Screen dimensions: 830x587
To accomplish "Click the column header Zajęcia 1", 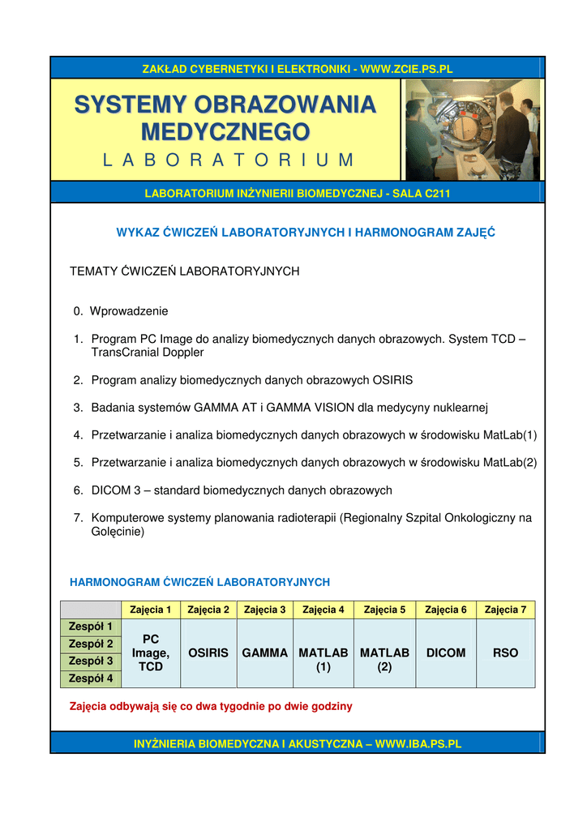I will tap(151, 610).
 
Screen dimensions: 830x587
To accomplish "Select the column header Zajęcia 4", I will tap(323, 610).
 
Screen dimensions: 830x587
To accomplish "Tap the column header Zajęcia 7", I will tap(505, 610).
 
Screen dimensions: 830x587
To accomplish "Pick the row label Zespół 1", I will tap(91, 627).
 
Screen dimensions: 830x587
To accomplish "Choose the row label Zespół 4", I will tap(91, 678).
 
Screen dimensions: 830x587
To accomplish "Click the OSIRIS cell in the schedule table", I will tap(208, 652).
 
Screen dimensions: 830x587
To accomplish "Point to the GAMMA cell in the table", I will tap(265, 652).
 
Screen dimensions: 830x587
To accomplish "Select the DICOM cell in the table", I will tap(446, 652).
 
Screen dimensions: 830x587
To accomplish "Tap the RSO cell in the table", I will tap(505, 652).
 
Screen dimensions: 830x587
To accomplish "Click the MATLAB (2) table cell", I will tap(384, 660).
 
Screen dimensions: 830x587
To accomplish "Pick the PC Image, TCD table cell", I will tap(151, 652).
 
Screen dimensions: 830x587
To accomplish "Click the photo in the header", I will tap(472, 130).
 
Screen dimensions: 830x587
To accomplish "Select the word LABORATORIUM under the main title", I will tap(229, 160).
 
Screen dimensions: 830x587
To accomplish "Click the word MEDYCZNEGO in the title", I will tap(225, 130).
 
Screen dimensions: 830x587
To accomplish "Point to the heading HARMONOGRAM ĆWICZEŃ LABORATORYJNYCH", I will tap(200, 582).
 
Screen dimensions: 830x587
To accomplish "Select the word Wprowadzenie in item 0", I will tap(129, 310).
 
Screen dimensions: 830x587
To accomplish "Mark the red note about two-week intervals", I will tap(212, 706).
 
